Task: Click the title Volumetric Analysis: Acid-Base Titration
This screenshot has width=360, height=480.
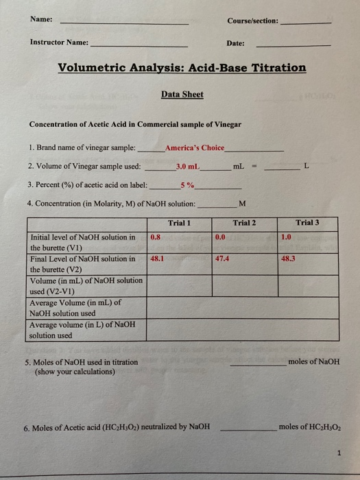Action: point(182,67)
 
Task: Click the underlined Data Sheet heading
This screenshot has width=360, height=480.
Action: point(182,94)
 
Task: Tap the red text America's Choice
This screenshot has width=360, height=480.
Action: point(195,147)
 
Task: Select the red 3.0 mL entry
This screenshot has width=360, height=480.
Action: point(187,166)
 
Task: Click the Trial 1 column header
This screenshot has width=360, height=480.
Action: point(179,222)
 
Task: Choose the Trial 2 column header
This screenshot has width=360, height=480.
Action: point(244,222)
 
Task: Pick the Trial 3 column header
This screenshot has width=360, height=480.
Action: point(307,222)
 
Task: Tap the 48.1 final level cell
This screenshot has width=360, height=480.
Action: point(156,259)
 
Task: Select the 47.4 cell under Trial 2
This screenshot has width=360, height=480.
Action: point(222,259)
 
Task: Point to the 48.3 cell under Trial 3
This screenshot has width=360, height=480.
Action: point(287,259)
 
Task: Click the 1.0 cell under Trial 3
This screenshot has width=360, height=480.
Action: point(286,237)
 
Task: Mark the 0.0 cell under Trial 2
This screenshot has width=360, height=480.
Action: point(220,237)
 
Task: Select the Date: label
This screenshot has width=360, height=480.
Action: point(235,43)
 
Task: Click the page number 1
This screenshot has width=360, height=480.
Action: point(339,452)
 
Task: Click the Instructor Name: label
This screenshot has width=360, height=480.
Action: point(59,42)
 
